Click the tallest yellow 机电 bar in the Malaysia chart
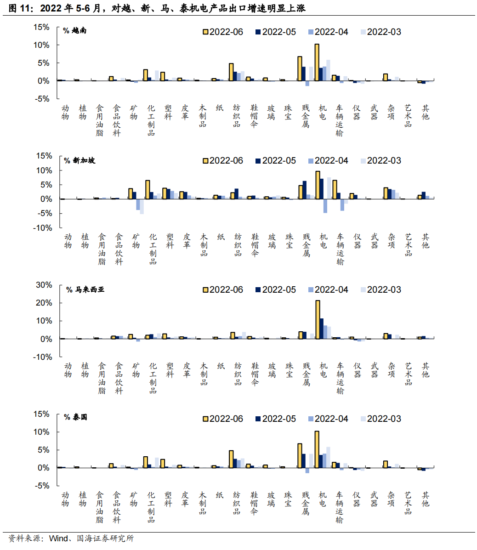[318, 320]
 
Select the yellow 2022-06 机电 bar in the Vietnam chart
[317, 62]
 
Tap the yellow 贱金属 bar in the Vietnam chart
[300, 68]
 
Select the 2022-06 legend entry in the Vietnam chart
[223, 32]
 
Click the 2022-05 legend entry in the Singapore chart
[276, 160]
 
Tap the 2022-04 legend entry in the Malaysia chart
[328, 289]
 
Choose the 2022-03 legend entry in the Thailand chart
[380, 419]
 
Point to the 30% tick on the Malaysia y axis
[44, 285]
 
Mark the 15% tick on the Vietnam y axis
[41, 28]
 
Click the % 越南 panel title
[75, 31]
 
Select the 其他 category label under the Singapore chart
[426, 241]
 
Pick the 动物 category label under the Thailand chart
[66, 499]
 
